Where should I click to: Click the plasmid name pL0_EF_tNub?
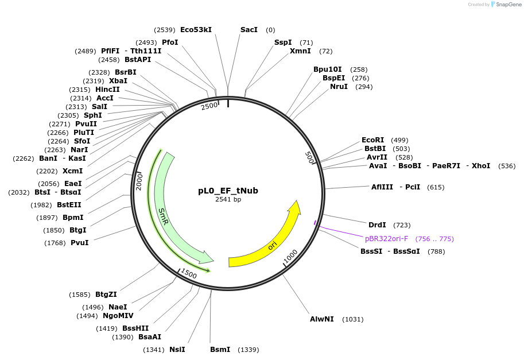(228, 191)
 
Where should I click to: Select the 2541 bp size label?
(228, 199)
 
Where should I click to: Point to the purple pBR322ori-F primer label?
(386, 238)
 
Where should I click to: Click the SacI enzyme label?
(249, 29)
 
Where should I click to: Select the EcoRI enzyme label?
(372, 140)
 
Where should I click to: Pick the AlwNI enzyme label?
(321, 319)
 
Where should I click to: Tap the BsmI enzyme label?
(220, 349)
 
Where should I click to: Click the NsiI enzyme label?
(177, 349)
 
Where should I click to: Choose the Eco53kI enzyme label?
(196, 29)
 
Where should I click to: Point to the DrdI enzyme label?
(376, 224)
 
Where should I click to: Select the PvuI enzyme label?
(79, 242)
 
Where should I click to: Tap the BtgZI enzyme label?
(106, 294)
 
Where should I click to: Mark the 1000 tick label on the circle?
(290, 256)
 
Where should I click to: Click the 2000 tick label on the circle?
(139, 181)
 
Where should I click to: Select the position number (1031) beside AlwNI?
(352, 319)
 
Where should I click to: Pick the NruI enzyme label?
(339, 86)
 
